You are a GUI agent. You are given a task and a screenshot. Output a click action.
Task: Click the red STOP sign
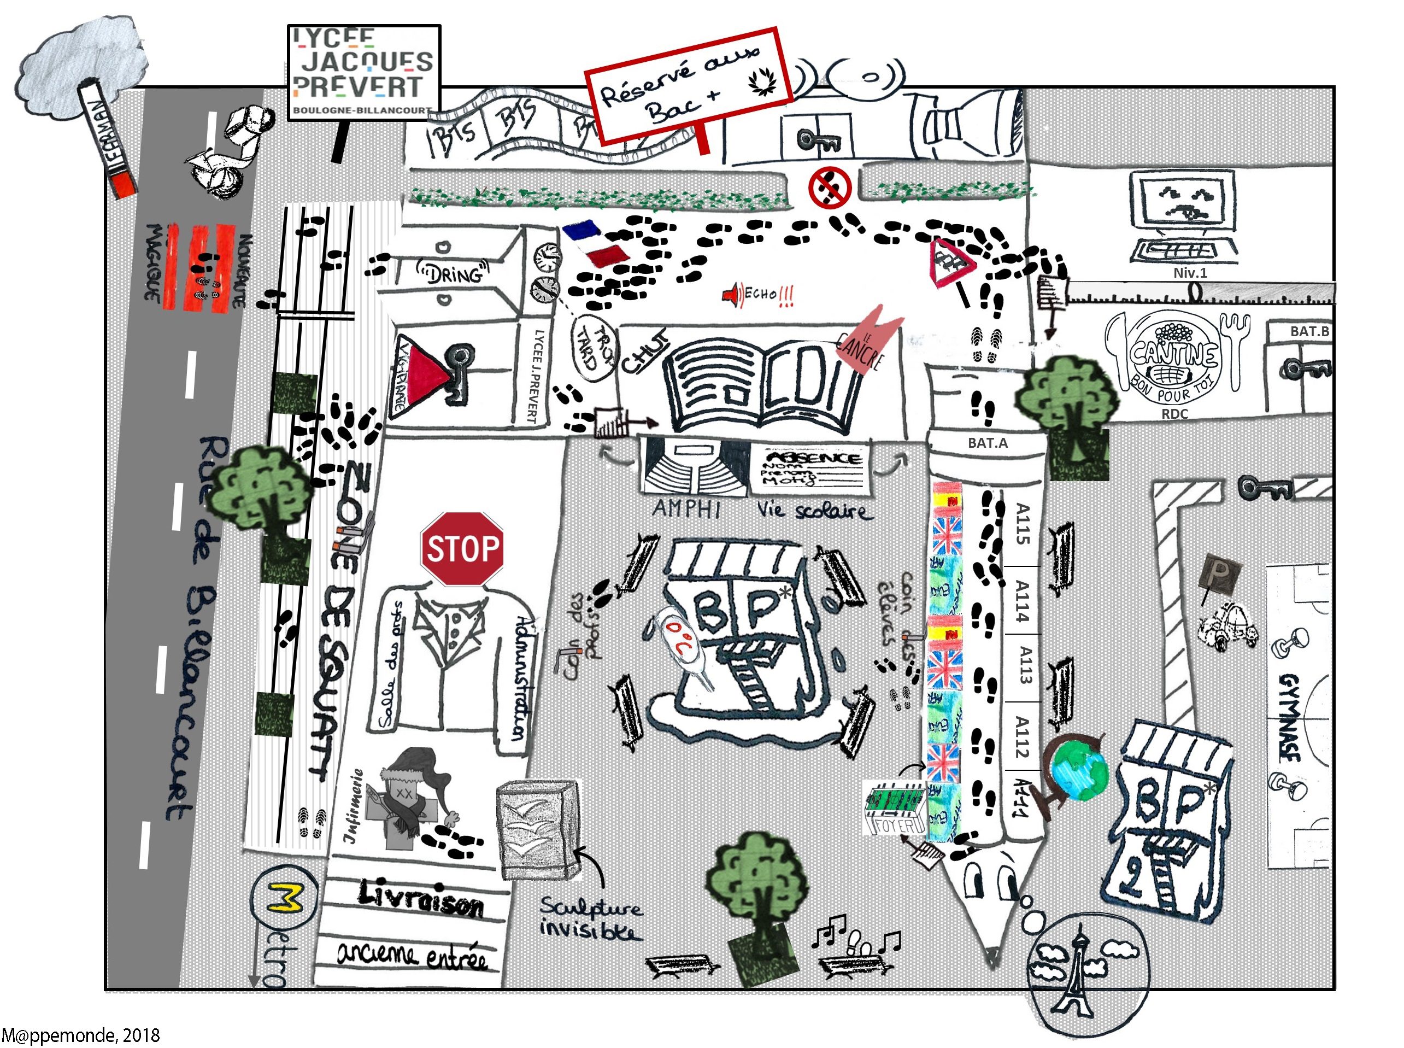[461, 549]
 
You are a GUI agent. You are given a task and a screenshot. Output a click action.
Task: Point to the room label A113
[1023, 664]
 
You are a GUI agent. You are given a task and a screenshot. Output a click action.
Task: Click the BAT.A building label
[988, 443]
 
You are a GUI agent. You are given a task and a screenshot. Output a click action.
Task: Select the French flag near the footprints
[595, 244]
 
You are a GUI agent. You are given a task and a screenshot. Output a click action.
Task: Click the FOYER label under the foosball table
[894, 825]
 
